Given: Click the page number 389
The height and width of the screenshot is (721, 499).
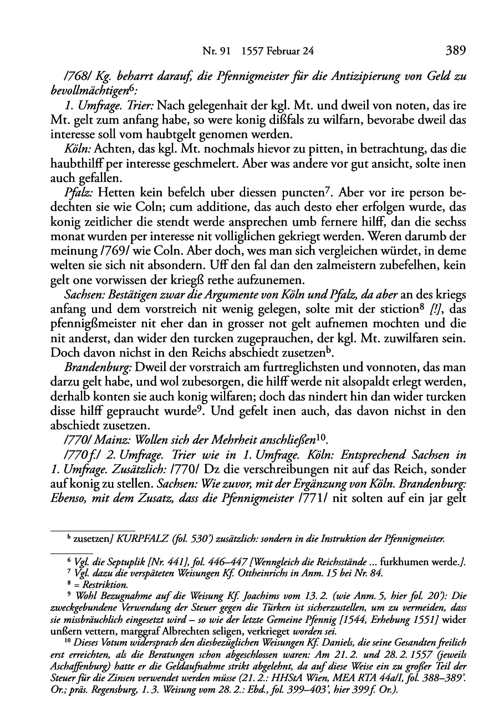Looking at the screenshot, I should click(x=455, y=51).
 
